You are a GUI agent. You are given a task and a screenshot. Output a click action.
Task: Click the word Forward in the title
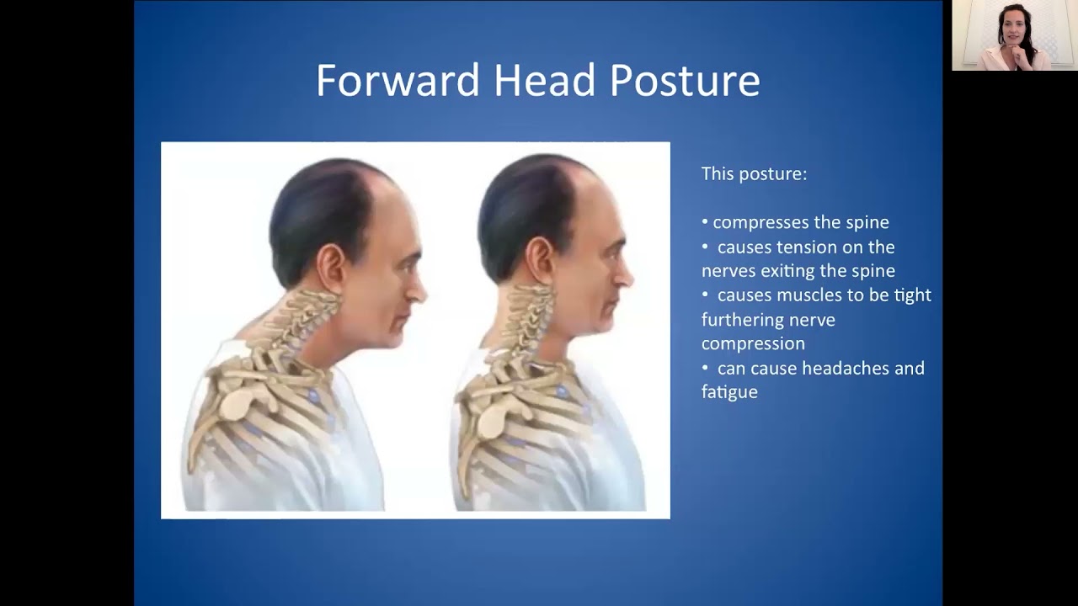pos(398,81)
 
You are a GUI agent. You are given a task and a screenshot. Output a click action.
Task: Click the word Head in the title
pos(545,81)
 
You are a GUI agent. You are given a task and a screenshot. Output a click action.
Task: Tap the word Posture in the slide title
pos(685,81)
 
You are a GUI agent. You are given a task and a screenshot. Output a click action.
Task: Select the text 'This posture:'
pos(754,174)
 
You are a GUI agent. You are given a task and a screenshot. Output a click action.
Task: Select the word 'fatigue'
pos(729,392)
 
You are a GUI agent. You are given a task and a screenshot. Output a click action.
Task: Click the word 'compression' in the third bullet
pos(753,344)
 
